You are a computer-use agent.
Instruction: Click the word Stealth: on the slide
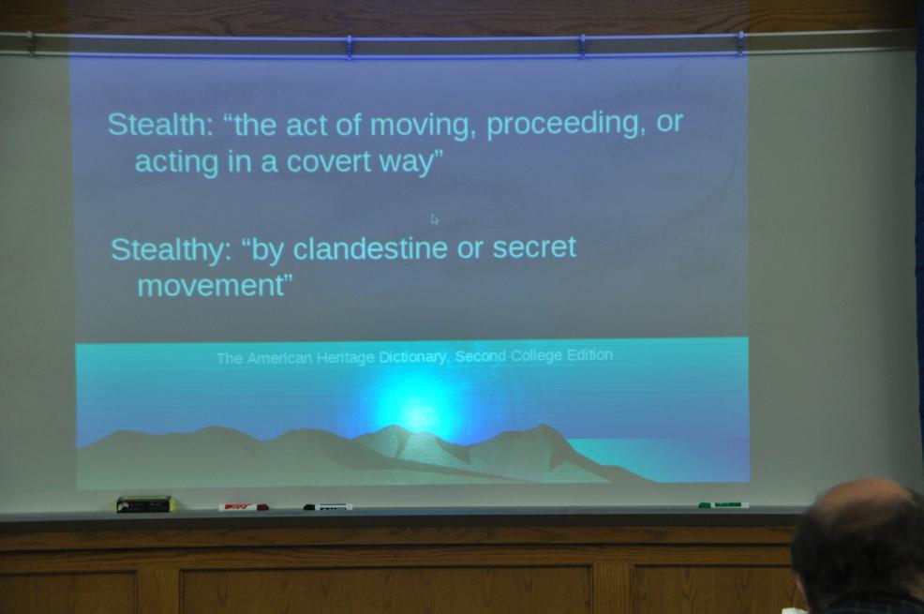click(x=160, y=124)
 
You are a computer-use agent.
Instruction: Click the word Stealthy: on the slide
click(x=171, y=250)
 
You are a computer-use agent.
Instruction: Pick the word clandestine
click(x=370, y=247)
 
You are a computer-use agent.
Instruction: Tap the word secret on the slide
click(x=534, y=247)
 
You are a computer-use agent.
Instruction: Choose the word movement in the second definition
click(x=211, y=286)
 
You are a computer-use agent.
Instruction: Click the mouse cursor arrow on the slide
click(x=434, y=219)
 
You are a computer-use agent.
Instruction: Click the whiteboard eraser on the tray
click(x=145, y=504)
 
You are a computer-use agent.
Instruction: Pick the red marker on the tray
click(x=244, y=507)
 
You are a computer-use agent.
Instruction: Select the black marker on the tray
click(x=328, y=507)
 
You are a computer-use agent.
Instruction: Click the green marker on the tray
click(x=723, y=505)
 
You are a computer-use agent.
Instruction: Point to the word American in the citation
click(x=279, y=358)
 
